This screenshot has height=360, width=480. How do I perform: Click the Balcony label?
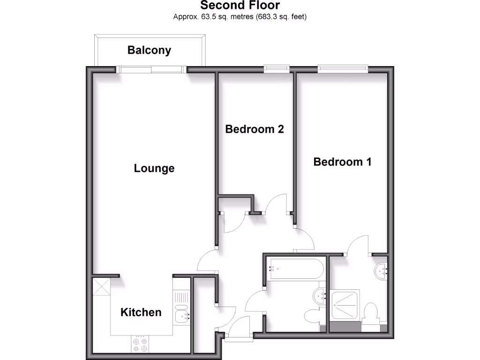[x=149, y=50]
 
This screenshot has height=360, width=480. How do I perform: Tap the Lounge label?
[x=154, y=168]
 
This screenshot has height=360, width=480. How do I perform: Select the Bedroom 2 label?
[x=255, y=129]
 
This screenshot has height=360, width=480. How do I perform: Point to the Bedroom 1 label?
[x=342, y=162]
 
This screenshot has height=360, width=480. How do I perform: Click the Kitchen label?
[x=141, y=312]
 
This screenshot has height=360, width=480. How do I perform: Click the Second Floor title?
[x=240, y=6]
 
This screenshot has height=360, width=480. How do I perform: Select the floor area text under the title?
[x=240, y=17]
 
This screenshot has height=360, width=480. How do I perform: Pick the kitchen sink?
[x=182, y=317]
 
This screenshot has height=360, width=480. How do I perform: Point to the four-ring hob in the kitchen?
[x=140, y=345]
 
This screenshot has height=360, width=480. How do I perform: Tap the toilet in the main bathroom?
[x=312, y=316]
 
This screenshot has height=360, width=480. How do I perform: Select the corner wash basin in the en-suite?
[x=382, y=270]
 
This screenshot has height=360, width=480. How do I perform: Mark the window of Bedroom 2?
[x=277, y=69]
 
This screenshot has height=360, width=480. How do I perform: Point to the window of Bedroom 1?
[x=343, y=69]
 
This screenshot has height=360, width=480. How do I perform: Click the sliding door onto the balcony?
[x=151, y=69]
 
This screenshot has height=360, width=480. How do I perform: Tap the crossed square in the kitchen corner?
[x=101, y=287]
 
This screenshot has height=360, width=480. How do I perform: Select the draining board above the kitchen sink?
[x=181, y=296]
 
